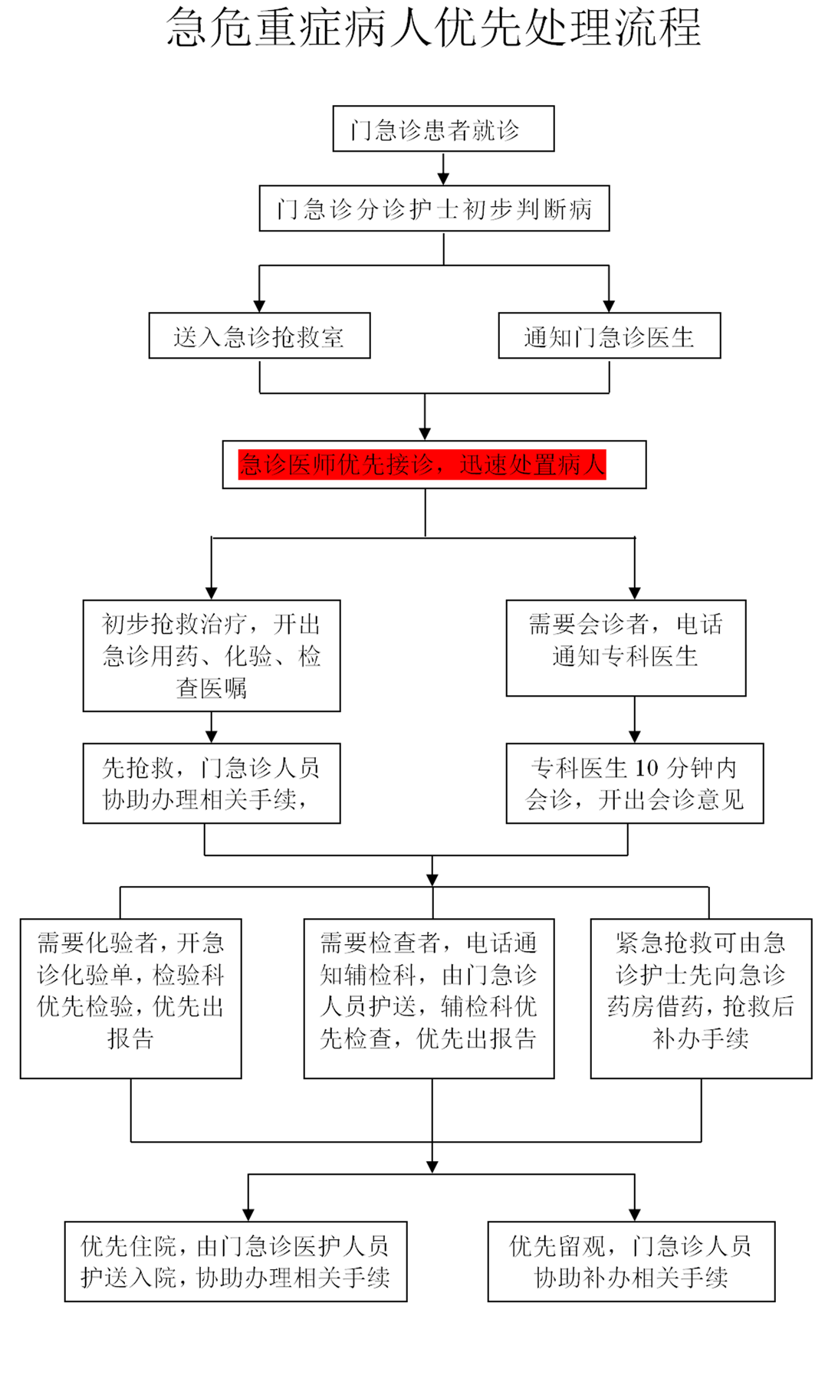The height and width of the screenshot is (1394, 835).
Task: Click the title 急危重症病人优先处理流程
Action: pos(433,28)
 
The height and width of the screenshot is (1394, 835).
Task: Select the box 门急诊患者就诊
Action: pos(443,129)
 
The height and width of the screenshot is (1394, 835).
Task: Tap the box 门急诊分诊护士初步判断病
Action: pos(434,208)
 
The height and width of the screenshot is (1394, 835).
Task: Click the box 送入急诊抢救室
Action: pos(259,336)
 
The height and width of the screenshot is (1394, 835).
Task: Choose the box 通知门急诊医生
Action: pos(609,336)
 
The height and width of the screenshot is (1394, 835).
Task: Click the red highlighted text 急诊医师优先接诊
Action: pos(337,464)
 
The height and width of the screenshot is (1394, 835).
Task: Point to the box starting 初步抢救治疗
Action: pos(212,656)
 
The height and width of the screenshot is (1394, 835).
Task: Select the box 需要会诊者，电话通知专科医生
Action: pos(626,648)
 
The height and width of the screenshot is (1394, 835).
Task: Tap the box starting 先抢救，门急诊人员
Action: pos(212,783)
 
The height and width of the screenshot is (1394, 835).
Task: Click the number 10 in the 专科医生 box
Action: pos(646,768)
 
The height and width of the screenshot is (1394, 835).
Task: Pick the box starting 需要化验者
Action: pos(131,998)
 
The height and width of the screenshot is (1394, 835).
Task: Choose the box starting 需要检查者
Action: pos(429,998)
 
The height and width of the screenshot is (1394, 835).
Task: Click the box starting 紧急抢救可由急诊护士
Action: pos(701,998)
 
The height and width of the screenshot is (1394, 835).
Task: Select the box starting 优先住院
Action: pos(235,1261)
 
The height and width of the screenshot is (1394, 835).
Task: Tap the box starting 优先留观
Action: pos(631,1261)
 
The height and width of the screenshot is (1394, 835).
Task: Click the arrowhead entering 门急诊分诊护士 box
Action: pos(443,179)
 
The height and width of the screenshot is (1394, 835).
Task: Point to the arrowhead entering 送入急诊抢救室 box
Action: pos(259,307)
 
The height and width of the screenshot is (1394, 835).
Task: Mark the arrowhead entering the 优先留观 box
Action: pos(635,1215)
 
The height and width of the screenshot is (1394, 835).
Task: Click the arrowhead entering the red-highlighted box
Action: pos(425,435)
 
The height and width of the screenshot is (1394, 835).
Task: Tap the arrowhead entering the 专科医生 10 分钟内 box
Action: pos(635,736)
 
